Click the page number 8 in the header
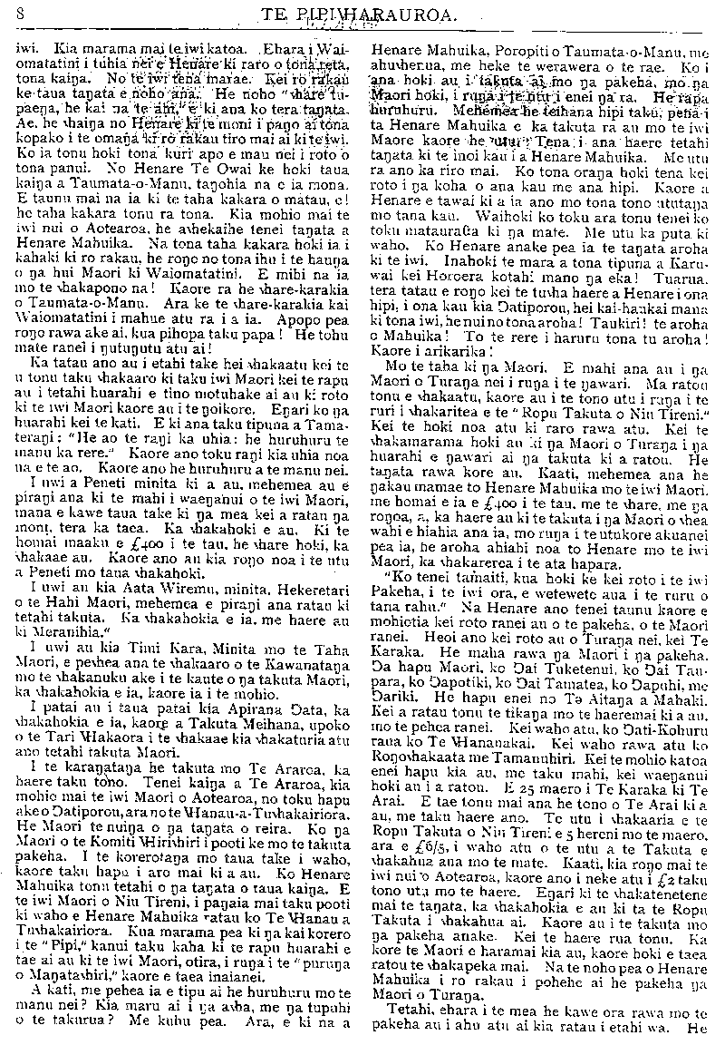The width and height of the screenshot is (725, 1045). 19,14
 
